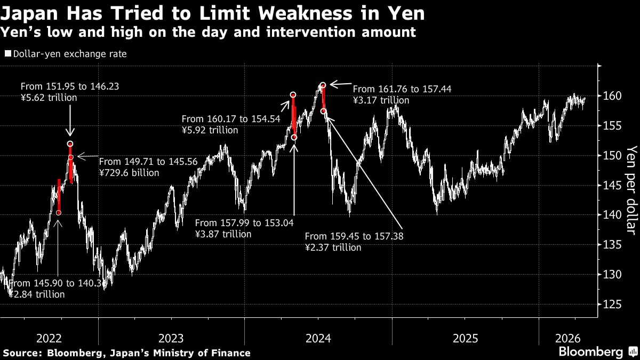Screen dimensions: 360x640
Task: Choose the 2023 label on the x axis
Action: click(171, 338)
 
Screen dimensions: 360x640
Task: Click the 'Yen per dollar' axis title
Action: click(631, 189)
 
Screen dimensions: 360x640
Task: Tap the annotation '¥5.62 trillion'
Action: click(49, 97)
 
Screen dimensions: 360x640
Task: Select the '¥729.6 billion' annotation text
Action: click(129, 173)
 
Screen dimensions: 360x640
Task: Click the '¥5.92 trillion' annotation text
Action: click(210, 130)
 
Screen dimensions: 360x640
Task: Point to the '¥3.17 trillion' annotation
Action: click(381, 100)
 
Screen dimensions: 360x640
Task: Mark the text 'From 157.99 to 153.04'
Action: click(244, 223)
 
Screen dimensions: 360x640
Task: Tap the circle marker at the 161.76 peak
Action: click(323, 85)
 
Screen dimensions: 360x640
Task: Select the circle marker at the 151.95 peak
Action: click(70, 144)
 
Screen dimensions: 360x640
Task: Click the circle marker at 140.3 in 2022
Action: click(58, 213)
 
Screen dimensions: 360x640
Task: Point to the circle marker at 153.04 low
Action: click(294, 137)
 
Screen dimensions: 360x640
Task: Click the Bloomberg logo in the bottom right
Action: click(590, 352)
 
